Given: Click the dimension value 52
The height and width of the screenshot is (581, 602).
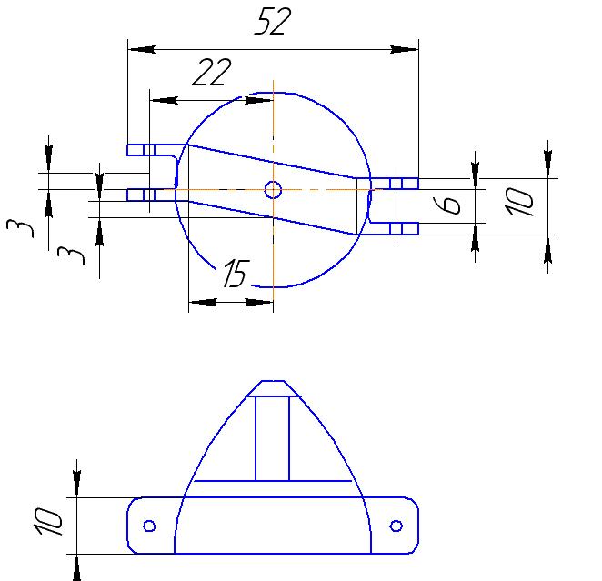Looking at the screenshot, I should coord(273,22).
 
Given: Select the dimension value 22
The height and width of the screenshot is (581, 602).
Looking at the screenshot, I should coord(211,73).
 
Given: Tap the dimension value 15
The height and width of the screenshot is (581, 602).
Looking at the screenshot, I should coord(235,274).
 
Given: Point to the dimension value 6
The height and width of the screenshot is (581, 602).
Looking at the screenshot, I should coord(450,205).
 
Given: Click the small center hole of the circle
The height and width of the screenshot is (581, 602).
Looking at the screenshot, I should coord(273,189).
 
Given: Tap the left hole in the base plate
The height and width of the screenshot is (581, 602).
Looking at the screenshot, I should coord(150,526).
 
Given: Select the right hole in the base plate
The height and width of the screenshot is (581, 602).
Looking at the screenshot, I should coord(396,526).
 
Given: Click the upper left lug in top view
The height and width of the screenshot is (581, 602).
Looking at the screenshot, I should coord(142,149).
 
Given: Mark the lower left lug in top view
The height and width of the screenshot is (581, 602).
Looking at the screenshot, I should coord(142,194).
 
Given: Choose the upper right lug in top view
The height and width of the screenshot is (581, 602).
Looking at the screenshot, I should coord(404,184).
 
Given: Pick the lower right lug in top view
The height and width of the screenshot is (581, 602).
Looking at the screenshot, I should coord(404,228).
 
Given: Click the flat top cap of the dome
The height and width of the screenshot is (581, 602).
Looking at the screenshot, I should coord(273,388).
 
